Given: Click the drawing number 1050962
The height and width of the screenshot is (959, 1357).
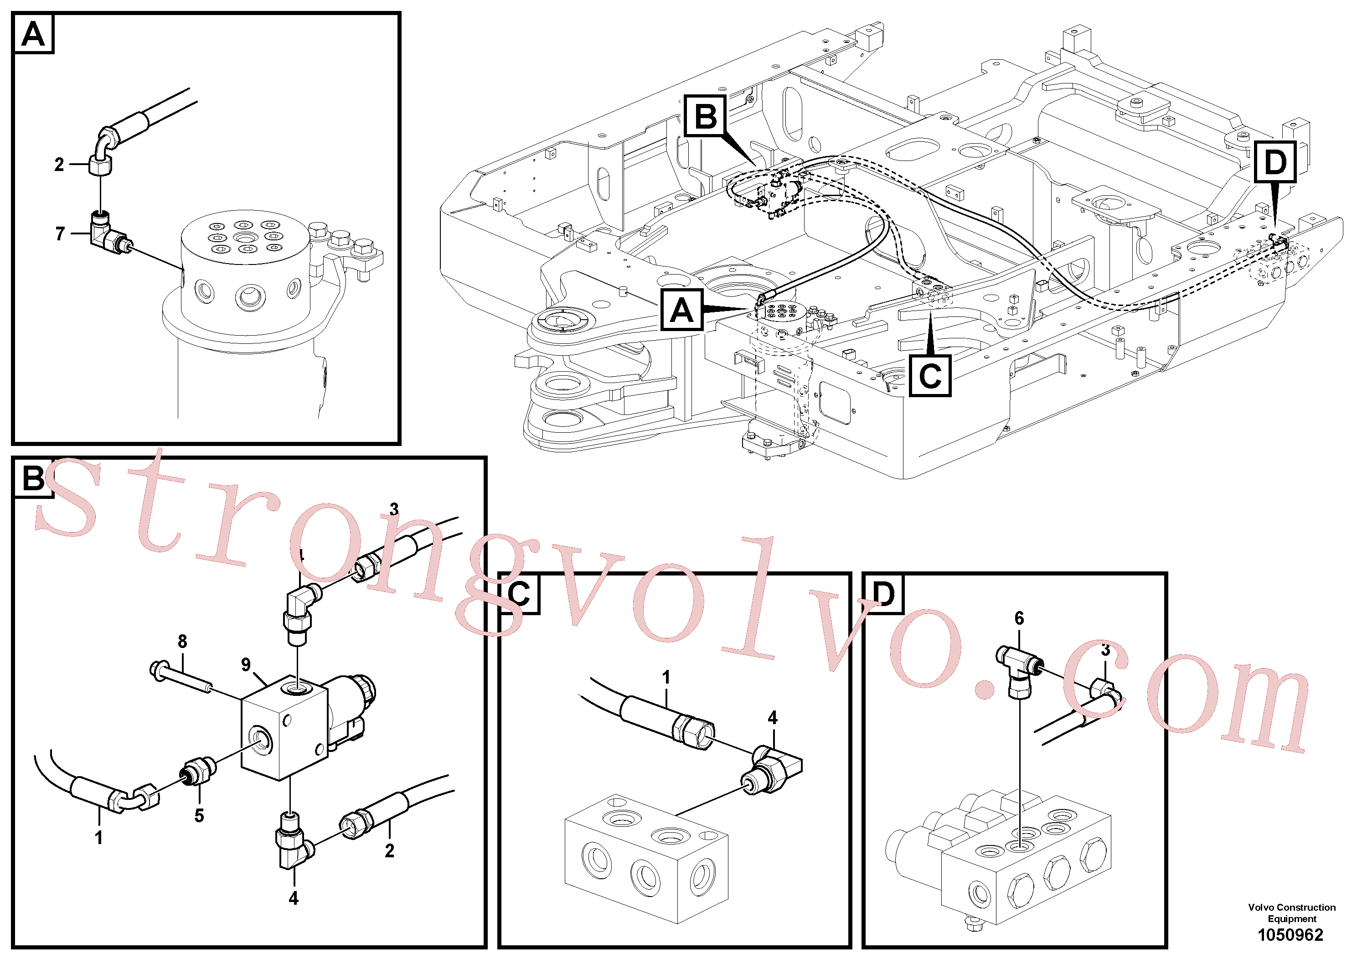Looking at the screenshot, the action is tap(1290, 935).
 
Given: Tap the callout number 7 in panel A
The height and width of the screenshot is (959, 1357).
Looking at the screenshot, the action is tap(60, 234).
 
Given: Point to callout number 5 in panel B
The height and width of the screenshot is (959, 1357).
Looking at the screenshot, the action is tap(199, 816).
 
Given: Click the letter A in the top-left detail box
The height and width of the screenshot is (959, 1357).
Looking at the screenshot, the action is tap(33, 34).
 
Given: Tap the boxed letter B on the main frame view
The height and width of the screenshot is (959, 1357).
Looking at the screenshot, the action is tap(706, 116).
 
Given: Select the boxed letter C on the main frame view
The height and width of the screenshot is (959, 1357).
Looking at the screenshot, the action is tap(930, 375).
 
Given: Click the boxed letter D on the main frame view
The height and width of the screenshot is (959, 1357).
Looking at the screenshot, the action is tap(1275, 162).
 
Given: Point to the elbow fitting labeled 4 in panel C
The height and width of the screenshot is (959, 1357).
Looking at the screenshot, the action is tap(771, 769).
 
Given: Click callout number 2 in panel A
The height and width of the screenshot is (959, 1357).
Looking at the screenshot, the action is tap(59, 164).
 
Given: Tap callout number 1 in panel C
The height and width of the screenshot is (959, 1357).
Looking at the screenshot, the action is tap(666, 678).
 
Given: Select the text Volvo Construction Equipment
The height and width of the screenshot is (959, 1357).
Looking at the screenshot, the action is tap(1291, 913).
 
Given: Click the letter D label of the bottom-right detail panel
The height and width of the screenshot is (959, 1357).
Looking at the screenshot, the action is tap(883, 594).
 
